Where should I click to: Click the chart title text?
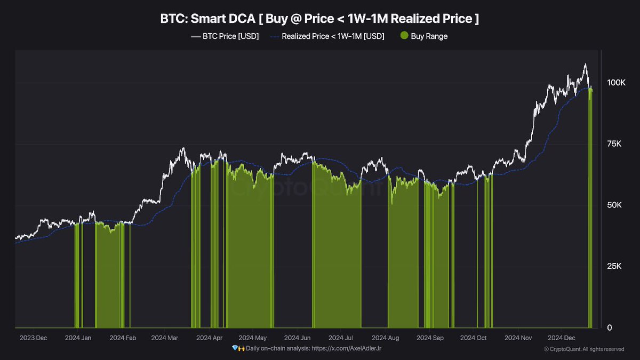click(319, 19)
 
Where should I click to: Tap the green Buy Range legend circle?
click(404, 36)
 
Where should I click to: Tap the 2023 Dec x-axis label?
click(33, 338)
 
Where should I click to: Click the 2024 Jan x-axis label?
click(78, 338)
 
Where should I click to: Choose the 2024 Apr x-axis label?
click(209, 338)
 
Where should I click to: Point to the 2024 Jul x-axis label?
click(340, 338)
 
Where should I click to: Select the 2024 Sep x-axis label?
click(430, 338)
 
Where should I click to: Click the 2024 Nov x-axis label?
click(518, 338)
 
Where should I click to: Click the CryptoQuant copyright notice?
click(584, 349)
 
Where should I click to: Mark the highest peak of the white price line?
click(585, 65)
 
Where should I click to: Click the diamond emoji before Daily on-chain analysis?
click(235, 348)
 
